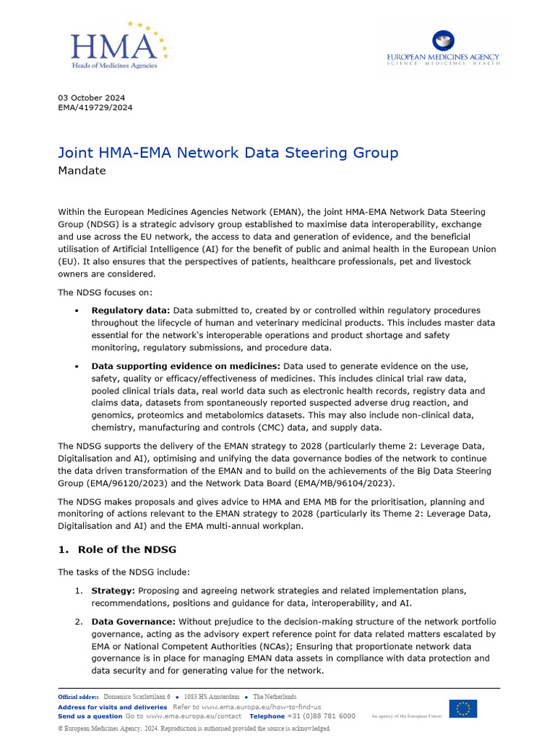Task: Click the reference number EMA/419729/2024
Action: [x=95, y=108]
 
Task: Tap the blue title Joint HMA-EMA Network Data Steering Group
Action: [x=228, y=153]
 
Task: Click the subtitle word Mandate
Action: [x=82, y=171]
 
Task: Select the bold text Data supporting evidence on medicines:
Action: [x=186, y=366]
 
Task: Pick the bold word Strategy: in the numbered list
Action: [x=113, y=590]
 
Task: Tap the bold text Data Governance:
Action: [x=133, y=622]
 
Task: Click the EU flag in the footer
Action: [x=462, y=708]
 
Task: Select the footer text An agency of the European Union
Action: [x=405, y=716]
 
